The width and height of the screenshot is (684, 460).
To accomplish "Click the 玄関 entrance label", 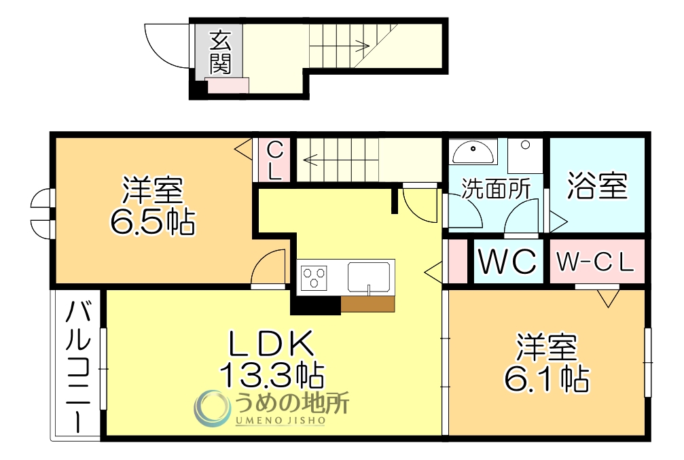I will pyautogui.click(x=219, y=52).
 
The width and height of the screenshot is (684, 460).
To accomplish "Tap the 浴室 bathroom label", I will pyautogui.click(x=597, y=185).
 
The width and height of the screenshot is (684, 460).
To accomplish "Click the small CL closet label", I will pyautogui.click(x=274, y=160).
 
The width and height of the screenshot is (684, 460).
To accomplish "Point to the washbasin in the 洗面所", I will pyautogui.click(x=474, y=151).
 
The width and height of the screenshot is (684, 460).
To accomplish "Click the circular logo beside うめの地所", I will pyautogui.click(x=212, y=408).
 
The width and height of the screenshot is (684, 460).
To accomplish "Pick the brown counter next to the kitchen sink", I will pyautogui.click(x=367, y=304).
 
